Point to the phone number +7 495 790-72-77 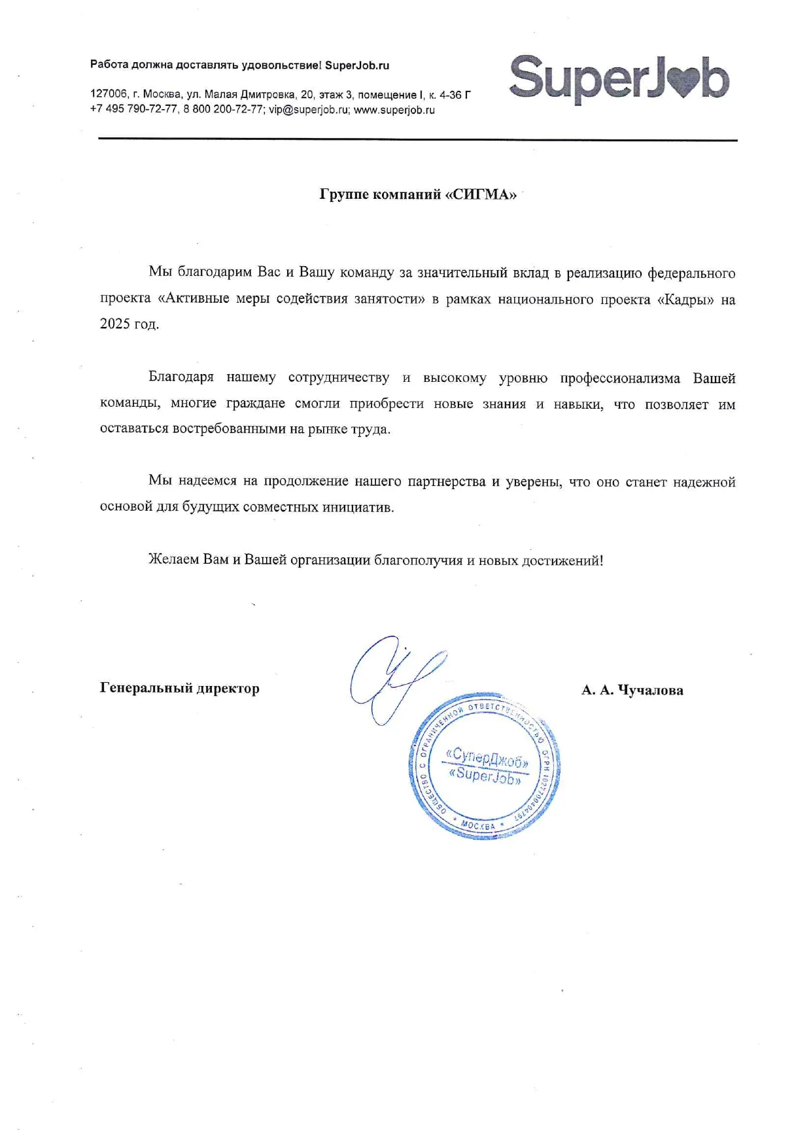pos(133,110)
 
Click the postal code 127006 pos(109,95)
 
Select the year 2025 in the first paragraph pos(115,324)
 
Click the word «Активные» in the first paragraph pos(193,299)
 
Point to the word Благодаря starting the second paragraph pos(181,377)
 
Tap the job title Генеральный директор pos(179,688)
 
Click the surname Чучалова pos(650,691)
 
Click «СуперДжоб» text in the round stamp pos(487,757)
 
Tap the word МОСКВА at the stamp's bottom pos(478,825)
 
